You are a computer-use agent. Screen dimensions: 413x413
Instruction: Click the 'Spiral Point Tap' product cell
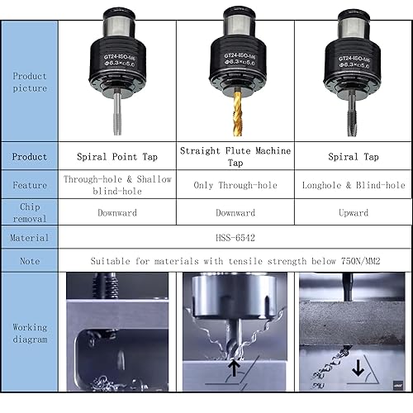coord(117,157)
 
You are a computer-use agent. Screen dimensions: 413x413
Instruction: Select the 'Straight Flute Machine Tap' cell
coord(235,156)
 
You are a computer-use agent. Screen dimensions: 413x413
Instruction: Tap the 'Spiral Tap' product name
coord(354,157)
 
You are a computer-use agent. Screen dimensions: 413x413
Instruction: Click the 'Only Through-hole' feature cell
coord(235,185)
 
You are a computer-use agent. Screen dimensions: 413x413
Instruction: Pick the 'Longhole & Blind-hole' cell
coord(354,185)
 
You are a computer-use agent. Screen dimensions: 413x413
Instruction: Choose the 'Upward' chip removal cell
coord(354,212)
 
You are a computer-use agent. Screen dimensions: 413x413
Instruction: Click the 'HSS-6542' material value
coord(235,238)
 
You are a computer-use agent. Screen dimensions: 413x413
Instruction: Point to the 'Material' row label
coord(29,238)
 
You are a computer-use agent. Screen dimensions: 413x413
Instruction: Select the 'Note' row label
coord(30,261)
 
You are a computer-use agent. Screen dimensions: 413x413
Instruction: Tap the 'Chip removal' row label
coord(30,212)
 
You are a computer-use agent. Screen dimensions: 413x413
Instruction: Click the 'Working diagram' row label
coord(30,333)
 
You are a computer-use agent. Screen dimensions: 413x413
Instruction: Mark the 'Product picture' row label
coord(30,82)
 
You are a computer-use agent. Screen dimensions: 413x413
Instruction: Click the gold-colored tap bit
coord(237,113)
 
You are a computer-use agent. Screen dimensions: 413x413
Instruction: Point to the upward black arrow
coord(234,368)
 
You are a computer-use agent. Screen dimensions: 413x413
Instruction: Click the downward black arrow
coord(358,368)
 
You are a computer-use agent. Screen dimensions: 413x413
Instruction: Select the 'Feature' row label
coord(30,185)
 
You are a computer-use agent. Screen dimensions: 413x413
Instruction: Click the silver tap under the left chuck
coord(117,113)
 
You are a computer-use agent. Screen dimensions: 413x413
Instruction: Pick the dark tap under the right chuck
coord(352,113)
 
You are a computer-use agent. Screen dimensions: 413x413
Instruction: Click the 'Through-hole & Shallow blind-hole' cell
coord(117,185)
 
